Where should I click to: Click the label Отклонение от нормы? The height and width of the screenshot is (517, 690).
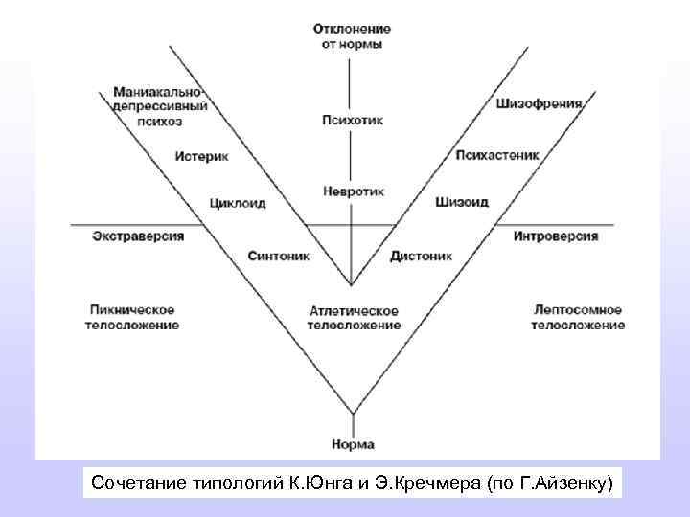[352, 36]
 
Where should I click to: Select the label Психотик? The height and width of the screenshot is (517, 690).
[352, 121]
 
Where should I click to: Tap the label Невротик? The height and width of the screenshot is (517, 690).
[354, 191]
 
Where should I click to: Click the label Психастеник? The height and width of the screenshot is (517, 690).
[497, 154]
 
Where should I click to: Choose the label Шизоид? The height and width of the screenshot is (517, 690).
[461, 202]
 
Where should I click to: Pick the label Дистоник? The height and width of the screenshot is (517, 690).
[422, 256]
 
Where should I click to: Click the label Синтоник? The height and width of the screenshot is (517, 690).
[277, 256]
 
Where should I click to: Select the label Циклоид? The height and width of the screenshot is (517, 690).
[237, 203]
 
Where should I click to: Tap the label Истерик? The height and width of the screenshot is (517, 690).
[202, 155]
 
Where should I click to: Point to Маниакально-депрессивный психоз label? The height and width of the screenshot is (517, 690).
[158, 105]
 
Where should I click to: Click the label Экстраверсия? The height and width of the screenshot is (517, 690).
[138, 236]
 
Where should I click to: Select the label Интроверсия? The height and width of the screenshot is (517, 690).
[556, 236]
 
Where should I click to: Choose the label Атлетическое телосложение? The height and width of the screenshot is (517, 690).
[354, 318]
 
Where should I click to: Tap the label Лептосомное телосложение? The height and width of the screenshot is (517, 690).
[578, 318]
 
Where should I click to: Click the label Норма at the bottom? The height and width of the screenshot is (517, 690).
[353, 444]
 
